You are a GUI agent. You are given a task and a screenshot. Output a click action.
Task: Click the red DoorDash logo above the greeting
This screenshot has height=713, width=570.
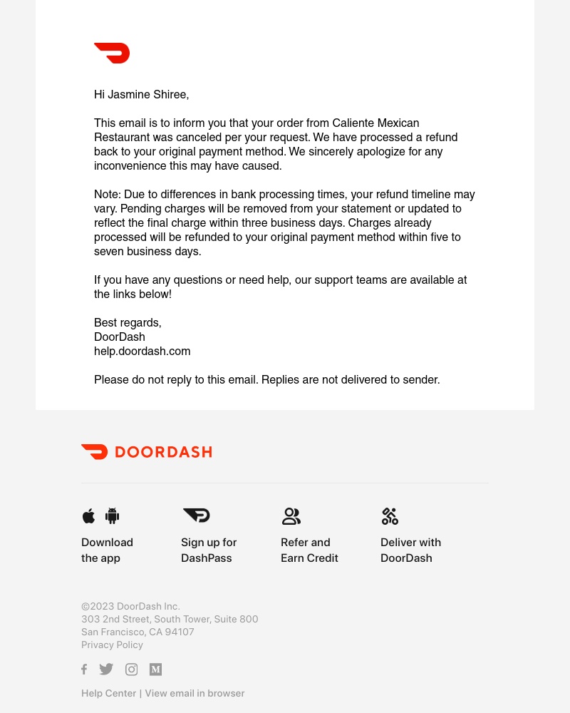pyautogui.click(x=112, y=53)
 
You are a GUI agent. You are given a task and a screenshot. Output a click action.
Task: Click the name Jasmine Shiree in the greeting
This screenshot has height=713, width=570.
pyautogui.click(x=147, y=94)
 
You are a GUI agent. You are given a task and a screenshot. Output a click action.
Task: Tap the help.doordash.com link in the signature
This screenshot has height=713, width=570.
pyautogui.click(x=142, y=351)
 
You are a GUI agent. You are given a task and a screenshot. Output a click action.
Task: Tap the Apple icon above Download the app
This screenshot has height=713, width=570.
pyautogui.click(x=88, y=515)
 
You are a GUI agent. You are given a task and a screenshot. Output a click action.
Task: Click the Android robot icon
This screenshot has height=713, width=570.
pyautogui.click(x=112, y=515)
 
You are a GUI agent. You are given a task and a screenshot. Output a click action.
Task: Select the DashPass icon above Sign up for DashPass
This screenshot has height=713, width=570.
pyautogui.click(x=196, y=515)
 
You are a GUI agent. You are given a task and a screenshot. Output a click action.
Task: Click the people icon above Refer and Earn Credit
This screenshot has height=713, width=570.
pyautogui.click(x=291, y=515)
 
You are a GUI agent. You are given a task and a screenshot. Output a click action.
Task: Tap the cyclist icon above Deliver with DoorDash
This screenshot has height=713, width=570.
pyautogui.click(x=390, y=516)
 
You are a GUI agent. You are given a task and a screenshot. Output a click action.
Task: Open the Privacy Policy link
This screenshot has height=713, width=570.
pyautogui.click(x=112, y=645)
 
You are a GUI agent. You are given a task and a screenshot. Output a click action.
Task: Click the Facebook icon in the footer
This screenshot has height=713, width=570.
pyautogui.click(x=84, y=669)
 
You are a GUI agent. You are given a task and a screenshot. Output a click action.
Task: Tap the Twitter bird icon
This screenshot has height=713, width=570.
pyautogui.click(x=106, y=669)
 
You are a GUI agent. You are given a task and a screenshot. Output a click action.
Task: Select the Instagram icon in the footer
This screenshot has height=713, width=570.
pyautogui.click(x=131, y=669)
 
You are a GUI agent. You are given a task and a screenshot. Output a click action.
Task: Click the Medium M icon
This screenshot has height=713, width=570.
pyautogui.click(x=155, y=669)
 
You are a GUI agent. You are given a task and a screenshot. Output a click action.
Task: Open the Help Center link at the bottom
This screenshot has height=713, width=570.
pyautogui.click(x=108, y=693)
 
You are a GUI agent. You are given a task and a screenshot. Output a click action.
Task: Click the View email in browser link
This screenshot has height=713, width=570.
pyautogui.click(x=195, y=693)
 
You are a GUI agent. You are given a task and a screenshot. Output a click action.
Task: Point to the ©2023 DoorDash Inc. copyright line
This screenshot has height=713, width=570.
pyautogui.click(x=130, y=606)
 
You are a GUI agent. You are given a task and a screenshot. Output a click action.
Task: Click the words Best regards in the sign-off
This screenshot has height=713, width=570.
pyautogui.click(x=128, y=322)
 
